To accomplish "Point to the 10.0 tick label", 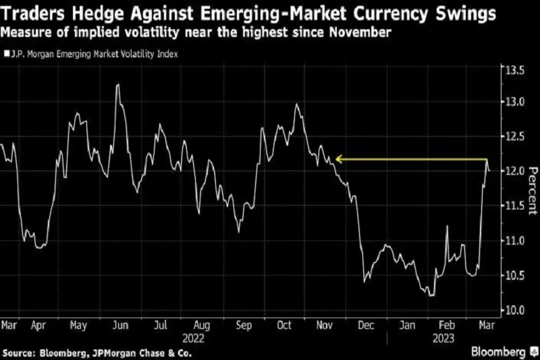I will pos(512,310).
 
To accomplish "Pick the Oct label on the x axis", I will pos(284,324).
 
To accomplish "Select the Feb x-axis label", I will pos(446,324).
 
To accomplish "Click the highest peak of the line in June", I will pos(118,84).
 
